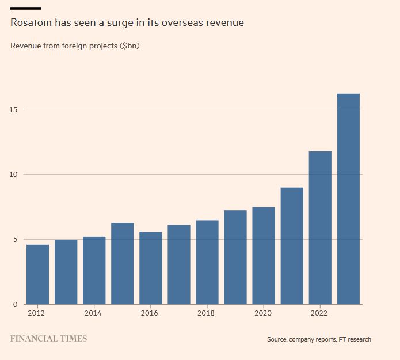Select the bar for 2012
[37, 274]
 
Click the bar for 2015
[122, 263]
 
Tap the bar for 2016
[150, 268]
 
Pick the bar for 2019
[235, 257]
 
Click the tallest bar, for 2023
[348, 199]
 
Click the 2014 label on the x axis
[93, 313]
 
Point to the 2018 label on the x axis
[206, 313]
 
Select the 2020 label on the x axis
[262, 313]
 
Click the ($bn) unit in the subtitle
[129, 46]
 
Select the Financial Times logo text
[49, 339]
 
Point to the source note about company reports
[319, 339]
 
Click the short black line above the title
[26, 9]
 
